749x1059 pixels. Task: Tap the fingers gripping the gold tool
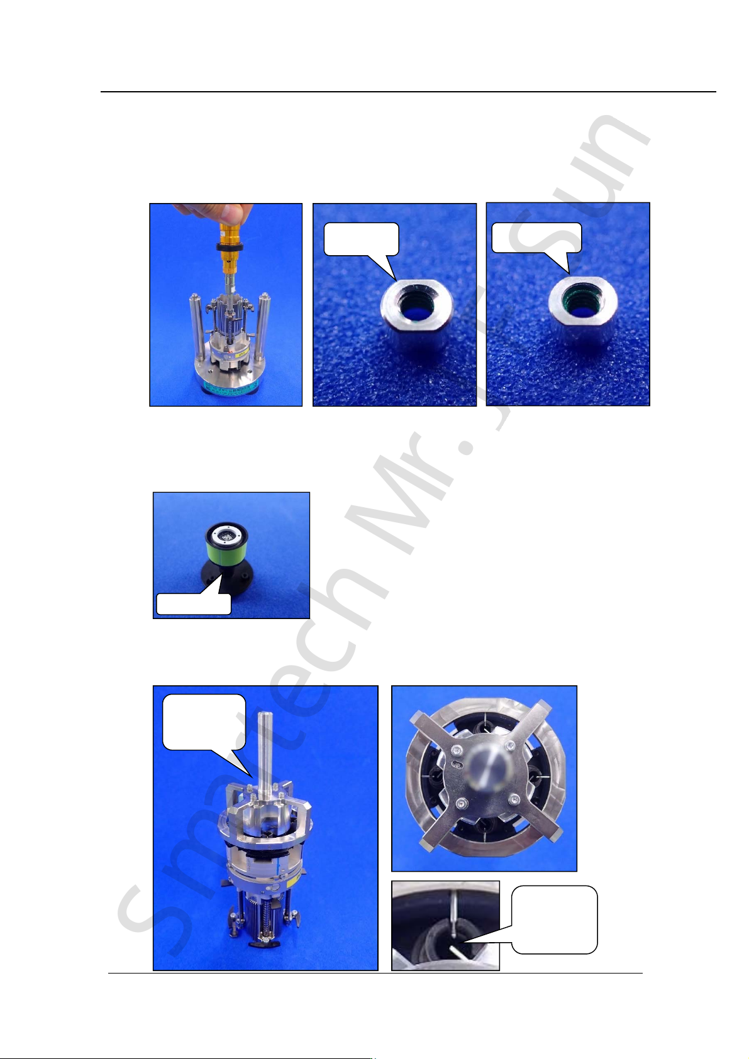223,214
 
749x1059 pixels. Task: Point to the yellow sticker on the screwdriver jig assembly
252,352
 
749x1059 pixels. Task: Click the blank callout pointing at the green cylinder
194,603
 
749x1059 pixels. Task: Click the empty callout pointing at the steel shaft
204,722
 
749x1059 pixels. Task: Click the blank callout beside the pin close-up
555,920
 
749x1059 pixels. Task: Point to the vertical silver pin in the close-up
454,914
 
